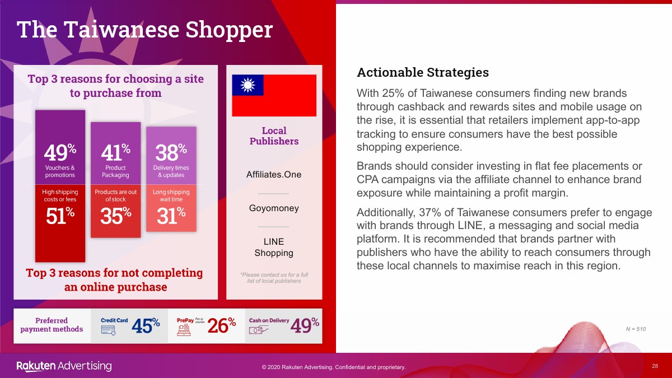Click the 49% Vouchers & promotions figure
coord(60,152)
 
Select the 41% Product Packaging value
coord(115,152)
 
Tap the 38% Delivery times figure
coord(171,152)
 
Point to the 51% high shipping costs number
coord(60,216)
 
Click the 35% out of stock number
coord(115,216)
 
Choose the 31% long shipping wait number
coord(171,216)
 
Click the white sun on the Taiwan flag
coord(248,85)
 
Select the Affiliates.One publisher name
coord(274,174)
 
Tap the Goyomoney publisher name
coord(274,208)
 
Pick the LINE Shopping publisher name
coord(274,247)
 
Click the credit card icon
coord(108,330)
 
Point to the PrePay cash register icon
coord(184,330)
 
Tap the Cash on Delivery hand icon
coord(258,330)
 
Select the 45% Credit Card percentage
coord(146,325)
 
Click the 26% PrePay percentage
coord(221,325)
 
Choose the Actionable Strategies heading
coord(423,72)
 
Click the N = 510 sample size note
coord(636,329)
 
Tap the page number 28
coord(655,366)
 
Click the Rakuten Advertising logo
coord(64,366)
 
